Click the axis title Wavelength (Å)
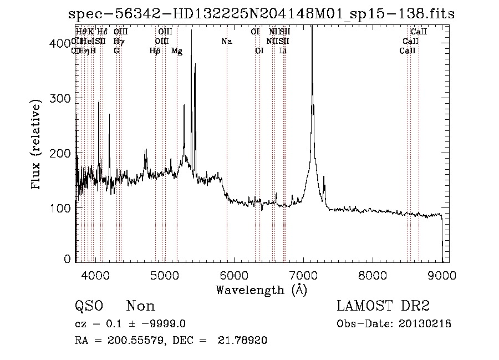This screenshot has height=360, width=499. [261, 290]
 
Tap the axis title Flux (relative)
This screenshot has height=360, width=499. [37, 145]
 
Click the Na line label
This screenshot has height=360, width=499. [226, 41]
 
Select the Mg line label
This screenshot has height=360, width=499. [176, 51]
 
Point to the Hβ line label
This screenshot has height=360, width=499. [155, 51]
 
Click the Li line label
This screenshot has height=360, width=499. [283, 51]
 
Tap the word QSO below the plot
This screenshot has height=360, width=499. [89, 306]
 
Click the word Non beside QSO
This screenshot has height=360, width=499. [141, 306]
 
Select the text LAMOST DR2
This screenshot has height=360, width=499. [383, 306]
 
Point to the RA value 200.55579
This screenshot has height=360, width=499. [132, 341]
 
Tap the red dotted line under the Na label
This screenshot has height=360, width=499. [227, 139]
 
